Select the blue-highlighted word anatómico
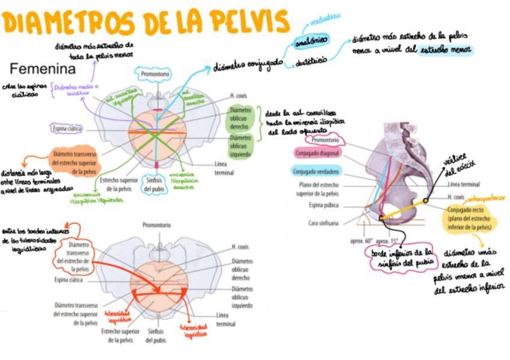click(312, 40)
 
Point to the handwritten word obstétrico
click(312, 60)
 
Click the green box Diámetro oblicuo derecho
click(241, 118)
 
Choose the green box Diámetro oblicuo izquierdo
click(241, 146)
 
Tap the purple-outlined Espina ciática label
click(67, 129)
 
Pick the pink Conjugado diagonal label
click(318, 153)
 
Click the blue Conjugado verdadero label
click(316, 171)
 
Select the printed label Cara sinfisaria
click(323, 223)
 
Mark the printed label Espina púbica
click(324, 205)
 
